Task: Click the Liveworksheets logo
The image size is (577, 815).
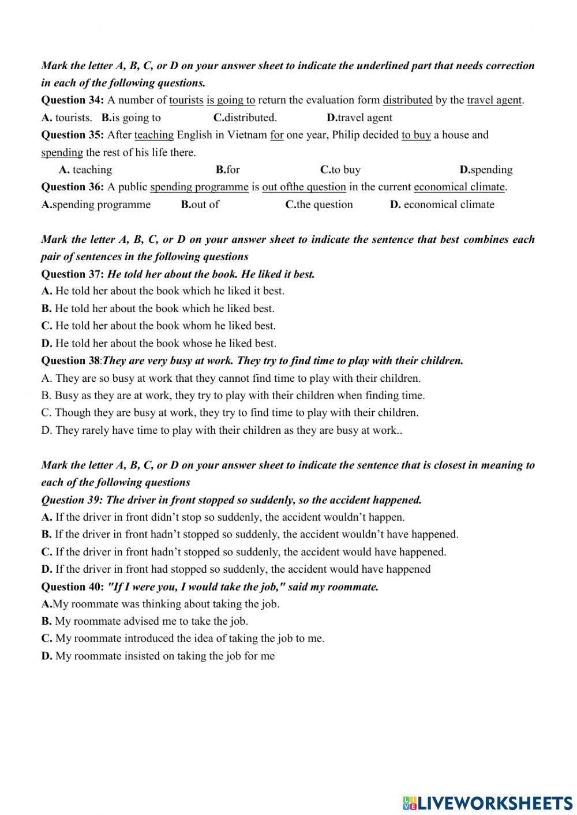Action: pyautogui.click(x=487, y=802)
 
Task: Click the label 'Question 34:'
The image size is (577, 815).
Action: pyautogui.click(x=72, y=100)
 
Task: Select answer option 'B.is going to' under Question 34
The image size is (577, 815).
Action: pyautogui.click(x=132, y=118)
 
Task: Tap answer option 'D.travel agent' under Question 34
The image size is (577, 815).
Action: pyautogui.click(x=359, y=118)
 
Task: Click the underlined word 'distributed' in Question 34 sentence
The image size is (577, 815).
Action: pyautogui.click(x=407, y=100)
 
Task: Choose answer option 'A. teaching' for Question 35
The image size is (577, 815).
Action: pyautogui.click(x=85, y=170)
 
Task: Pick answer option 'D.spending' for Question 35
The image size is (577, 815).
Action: pyautogui.click(x=486, y=170)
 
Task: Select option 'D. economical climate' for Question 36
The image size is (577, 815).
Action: pyautogui.click(x=442, y=204)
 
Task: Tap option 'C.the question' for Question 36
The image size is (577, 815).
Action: pyautogui.click(x=319, y=204)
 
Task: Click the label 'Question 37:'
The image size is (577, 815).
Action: pyautogui.click(x=72, y=274)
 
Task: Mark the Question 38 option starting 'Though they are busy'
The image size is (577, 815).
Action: pyautogui.click(x=230, y=412)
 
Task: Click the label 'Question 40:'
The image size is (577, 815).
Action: pyautogui.click(x=72, y=587)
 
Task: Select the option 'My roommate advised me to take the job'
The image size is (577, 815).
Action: pyautogui.click(x=145, y=621)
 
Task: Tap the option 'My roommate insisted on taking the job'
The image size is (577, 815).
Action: pyautogui.click(x=158, y=656)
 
